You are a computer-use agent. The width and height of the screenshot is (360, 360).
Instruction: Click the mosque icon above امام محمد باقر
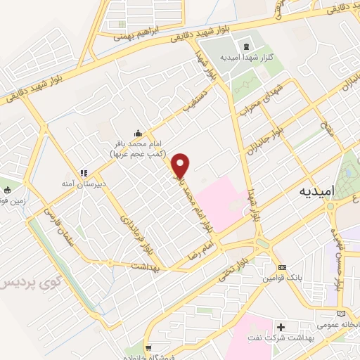[136, 134]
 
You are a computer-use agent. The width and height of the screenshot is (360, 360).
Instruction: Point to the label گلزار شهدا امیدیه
[241, 58]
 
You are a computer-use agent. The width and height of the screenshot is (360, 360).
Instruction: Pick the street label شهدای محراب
[259, 103]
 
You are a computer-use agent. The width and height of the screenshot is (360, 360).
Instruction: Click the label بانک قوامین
[282, 279]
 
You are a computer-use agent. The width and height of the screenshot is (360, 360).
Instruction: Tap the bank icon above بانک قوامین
[282, 268]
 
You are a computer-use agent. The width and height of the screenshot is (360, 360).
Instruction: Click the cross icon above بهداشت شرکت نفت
[281, 328]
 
